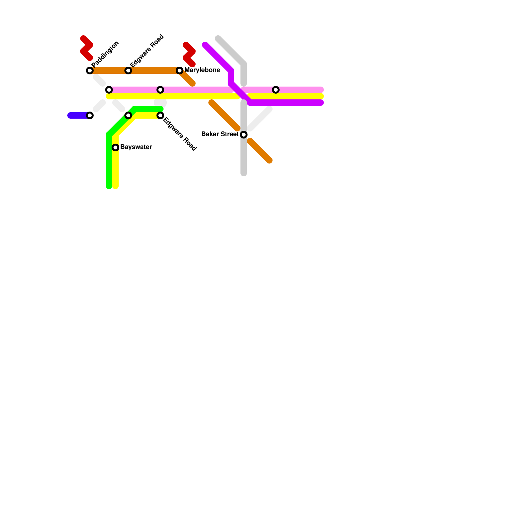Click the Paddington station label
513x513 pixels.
click(x=105, y=54)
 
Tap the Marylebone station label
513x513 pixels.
click(x=202, y=70)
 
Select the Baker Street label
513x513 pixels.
click(x=220, y=134)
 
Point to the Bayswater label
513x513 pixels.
click(x=136, y=147)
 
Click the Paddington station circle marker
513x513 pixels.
click(x=90, y=71)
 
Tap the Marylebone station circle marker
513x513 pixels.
click(x=180, y=71)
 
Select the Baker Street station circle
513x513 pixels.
click(x=244, y=135)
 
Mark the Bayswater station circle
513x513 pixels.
click(x=115, y=147)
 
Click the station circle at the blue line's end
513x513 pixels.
click(x=90, y=115)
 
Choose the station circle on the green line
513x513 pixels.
click(x=128, y=115)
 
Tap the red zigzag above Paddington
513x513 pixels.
click(x=86, y=48)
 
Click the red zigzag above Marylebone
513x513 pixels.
click(x=189, y=55)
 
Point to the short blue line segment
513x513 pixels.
click(x=78, y=115)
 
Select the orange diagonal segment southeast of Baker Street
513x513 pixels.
click(x=260, y=151)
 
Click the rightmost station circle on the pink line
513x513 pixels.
click(x=276, y=90)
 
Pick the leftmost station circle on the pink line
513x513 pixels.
click(x=109, y=90)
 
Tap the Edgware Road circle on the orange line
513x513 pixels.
click(x=128, y=71)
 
